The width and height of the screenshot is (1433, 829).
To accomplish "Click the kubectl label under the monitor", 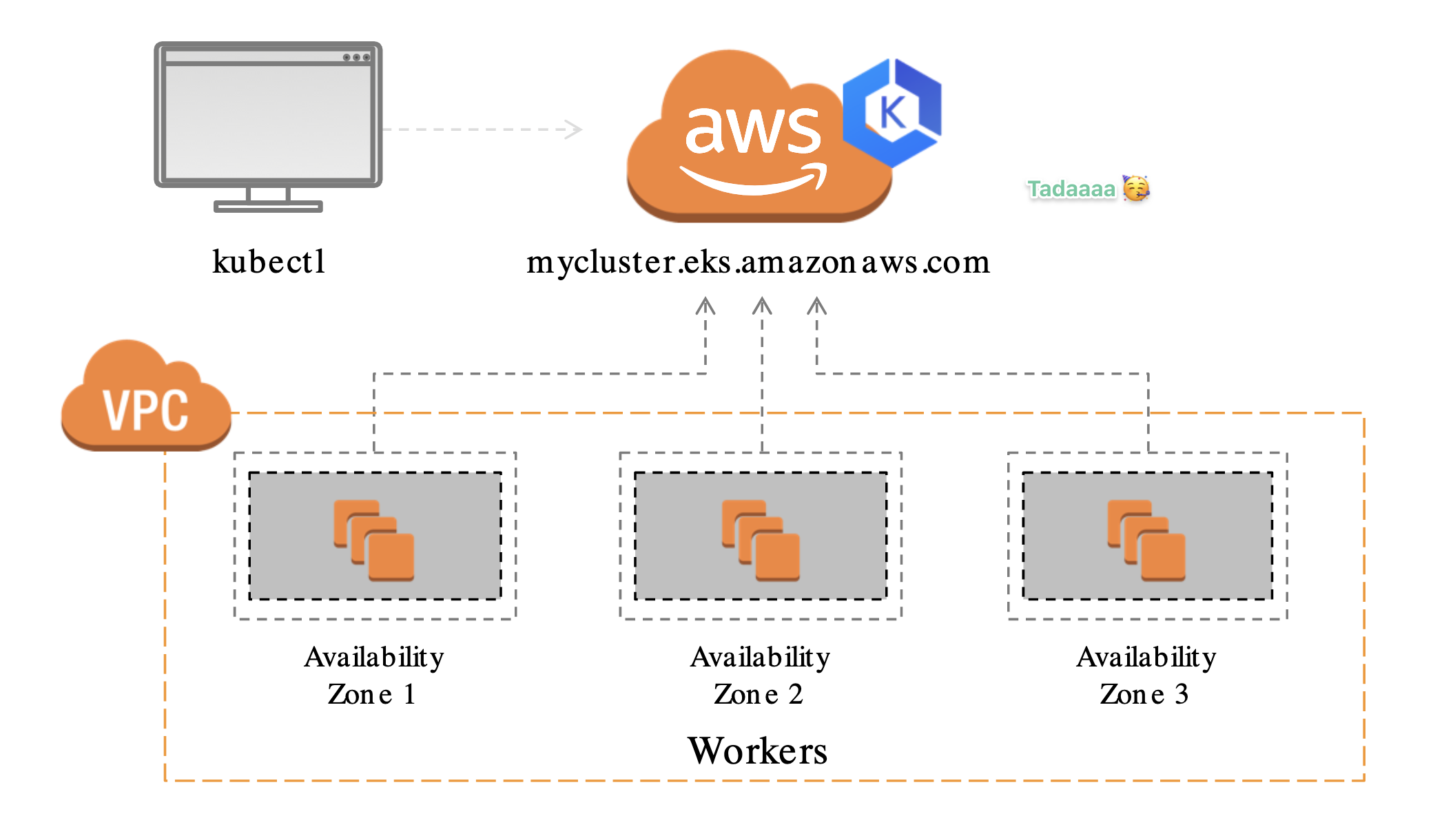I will tap(269, 262).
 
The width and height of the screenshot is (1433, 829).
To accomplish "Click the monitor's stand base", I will tap(268, 206).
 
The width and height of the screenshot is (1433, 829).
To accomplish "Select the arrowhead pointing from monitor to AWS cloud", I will tap(574, 129).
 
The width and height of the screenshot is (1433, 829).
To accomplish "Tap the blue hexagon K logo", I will tap(893, 113).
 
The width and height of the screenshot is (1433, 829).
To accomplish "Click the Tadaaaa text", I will tap(1071, 189).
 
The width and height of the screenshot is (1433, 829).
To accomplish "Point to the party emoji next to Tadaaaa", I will tap(1136, 188).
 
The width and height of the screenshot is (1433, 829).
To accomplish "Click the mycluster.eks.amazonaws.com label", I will tap(758, 262).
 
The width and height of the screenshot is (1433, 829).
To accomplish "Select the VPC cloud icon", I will tap(146, 399).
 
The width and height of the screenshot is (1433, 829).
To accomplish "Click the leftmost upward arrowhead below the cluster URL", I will tap(705, 306).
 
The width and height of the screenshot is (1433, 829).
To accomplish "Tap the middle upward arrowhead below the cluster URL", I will tap(762, 306).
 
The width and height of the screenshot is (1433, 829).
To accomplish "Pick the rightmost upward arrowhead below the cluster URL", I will tap(816, 306).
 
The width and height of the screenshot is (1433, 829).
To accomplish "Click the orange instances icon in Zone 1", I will tap(374, 540).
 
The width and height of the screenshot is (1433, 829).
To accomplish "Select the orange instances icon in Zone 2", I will tap(761, 540).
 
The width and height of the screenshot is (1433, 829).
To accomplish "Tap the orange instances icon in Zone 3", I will tap(1146, 540).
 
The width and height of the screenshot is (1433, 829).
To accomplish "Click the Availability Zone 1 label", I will tap(374, 675).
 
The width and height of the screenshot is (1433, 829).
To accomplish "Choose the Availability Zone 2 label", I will tap(760, 675).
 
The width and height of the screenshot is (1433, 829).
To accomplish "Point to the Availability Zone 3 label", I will tap(1146, 675).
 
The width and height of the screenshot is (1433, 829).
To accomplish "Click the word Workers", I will tap(758, 751).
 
